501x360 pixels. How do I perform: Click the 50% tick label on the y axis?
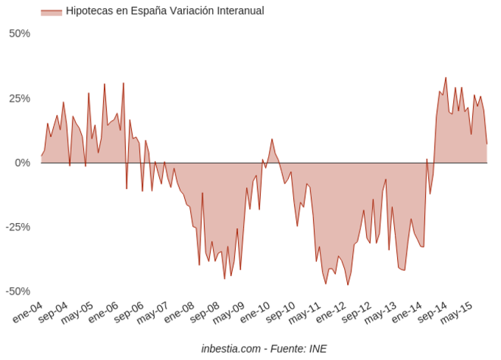[19, 34]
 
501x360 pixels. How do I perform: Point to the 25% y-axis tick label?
[19, 99]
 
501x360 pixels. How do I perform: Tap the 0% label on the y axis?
[22, 163]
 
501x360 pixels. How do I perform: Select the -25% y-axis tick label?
[18, 227]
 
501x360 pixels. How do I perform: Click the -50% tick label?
[18, 292]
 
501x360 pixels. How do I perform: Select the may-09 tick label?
[228, 312]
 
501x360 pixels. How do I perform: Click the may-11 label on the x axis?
[304, 312]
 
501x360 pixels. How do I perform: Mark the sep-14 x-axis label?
[432, 312]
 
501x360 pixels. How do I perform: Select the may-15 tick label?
[457, 312]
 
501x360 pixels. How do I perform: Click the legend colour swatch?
[51, 12]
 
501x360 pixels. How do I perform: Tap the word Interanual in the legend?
[237, 11]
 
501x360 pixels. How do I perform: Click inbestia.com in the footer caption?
[231, 348]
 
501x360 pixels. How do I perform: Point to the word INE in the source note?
[318, 348]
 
